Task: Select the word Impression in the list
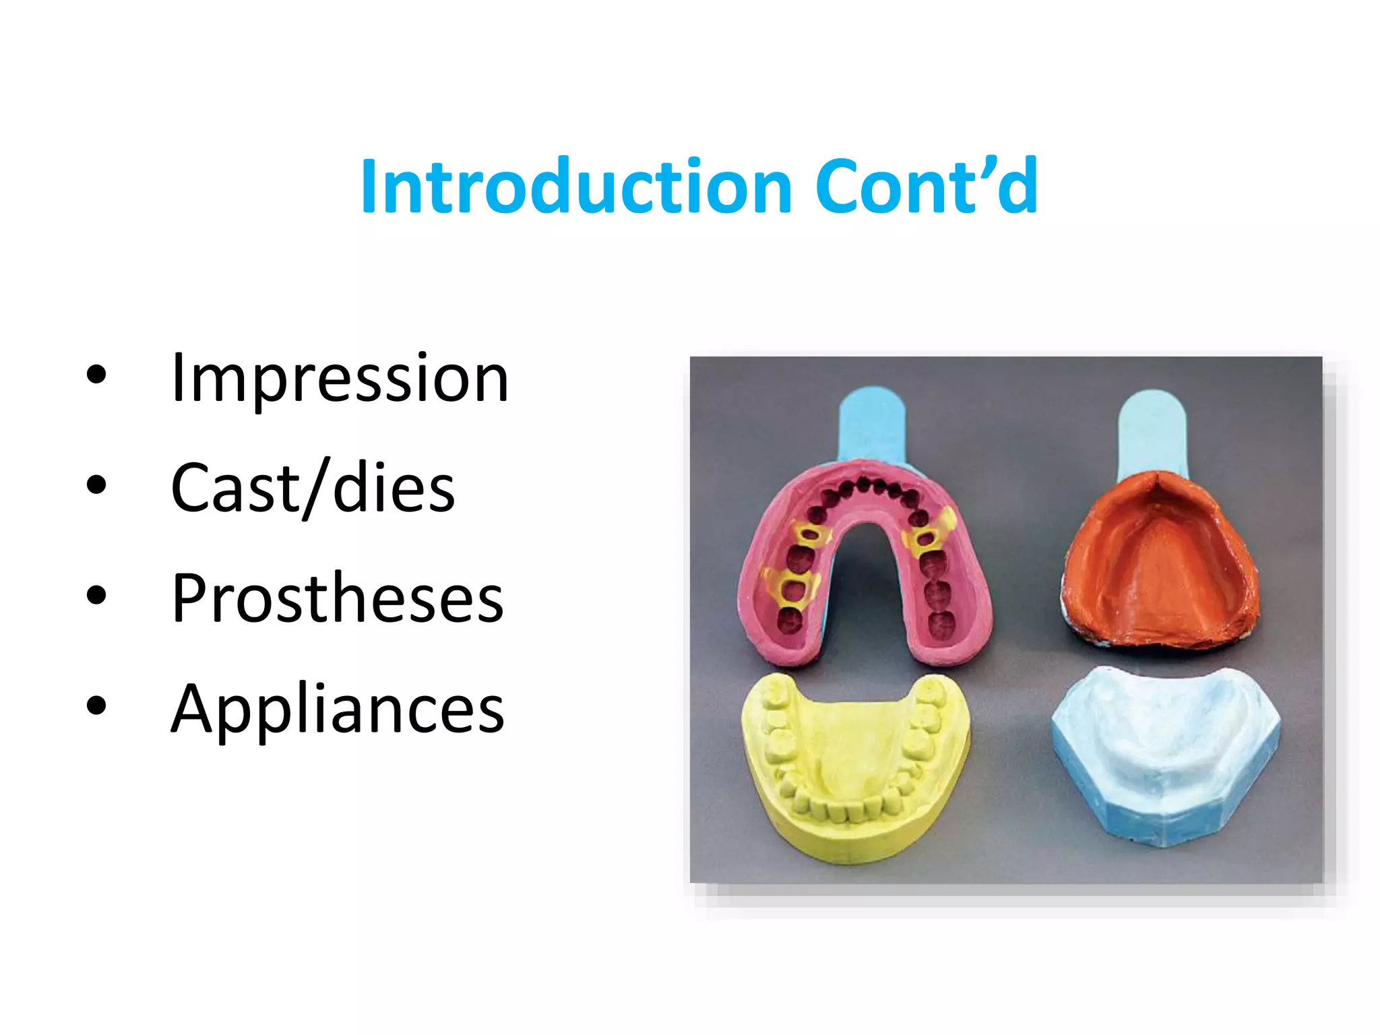pyautogui.click(x=340, y=379)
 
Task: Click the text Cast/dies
pyautogui.click(x=313, y=488)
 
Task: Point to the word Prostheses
pyautogui.click(x=337, y=598)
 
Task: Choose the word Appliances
pyautogui.click(x=337, y=709)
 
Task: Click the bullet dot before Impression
pyautogui.click(x=96, y=375)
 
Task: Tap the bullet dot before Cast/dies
pyautogui.click(x=96, y=484)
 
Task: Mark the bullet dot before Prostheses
pyautogui.click(x=96, y=595)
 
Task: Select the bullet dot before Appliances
pyautogui.click(x=96, y=705)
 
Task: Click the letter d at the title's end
pyautogui.click(x=1017, y=186)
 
